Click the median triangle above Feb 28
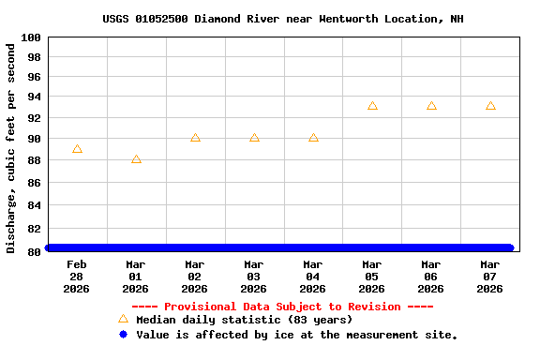77,149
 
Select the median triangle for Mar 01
136,159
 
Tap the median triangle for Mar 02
195,138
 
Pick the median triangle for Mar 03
254,138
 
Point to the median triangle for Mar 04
313,138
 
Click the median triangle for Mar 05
372,106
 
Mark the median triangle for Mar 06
431,106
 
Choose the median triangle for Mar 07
490,106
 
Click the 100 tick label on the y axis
31,37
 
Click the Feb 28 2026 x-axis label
77,277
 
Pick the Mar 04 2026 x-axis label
313,277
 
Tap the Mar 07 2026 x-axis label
490,277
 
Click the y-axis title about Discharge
11,147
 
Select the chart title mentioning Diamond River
283,19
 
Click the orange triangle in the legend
123,319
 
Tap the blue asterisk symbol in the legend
123,334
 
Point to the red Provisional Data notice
282,307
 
